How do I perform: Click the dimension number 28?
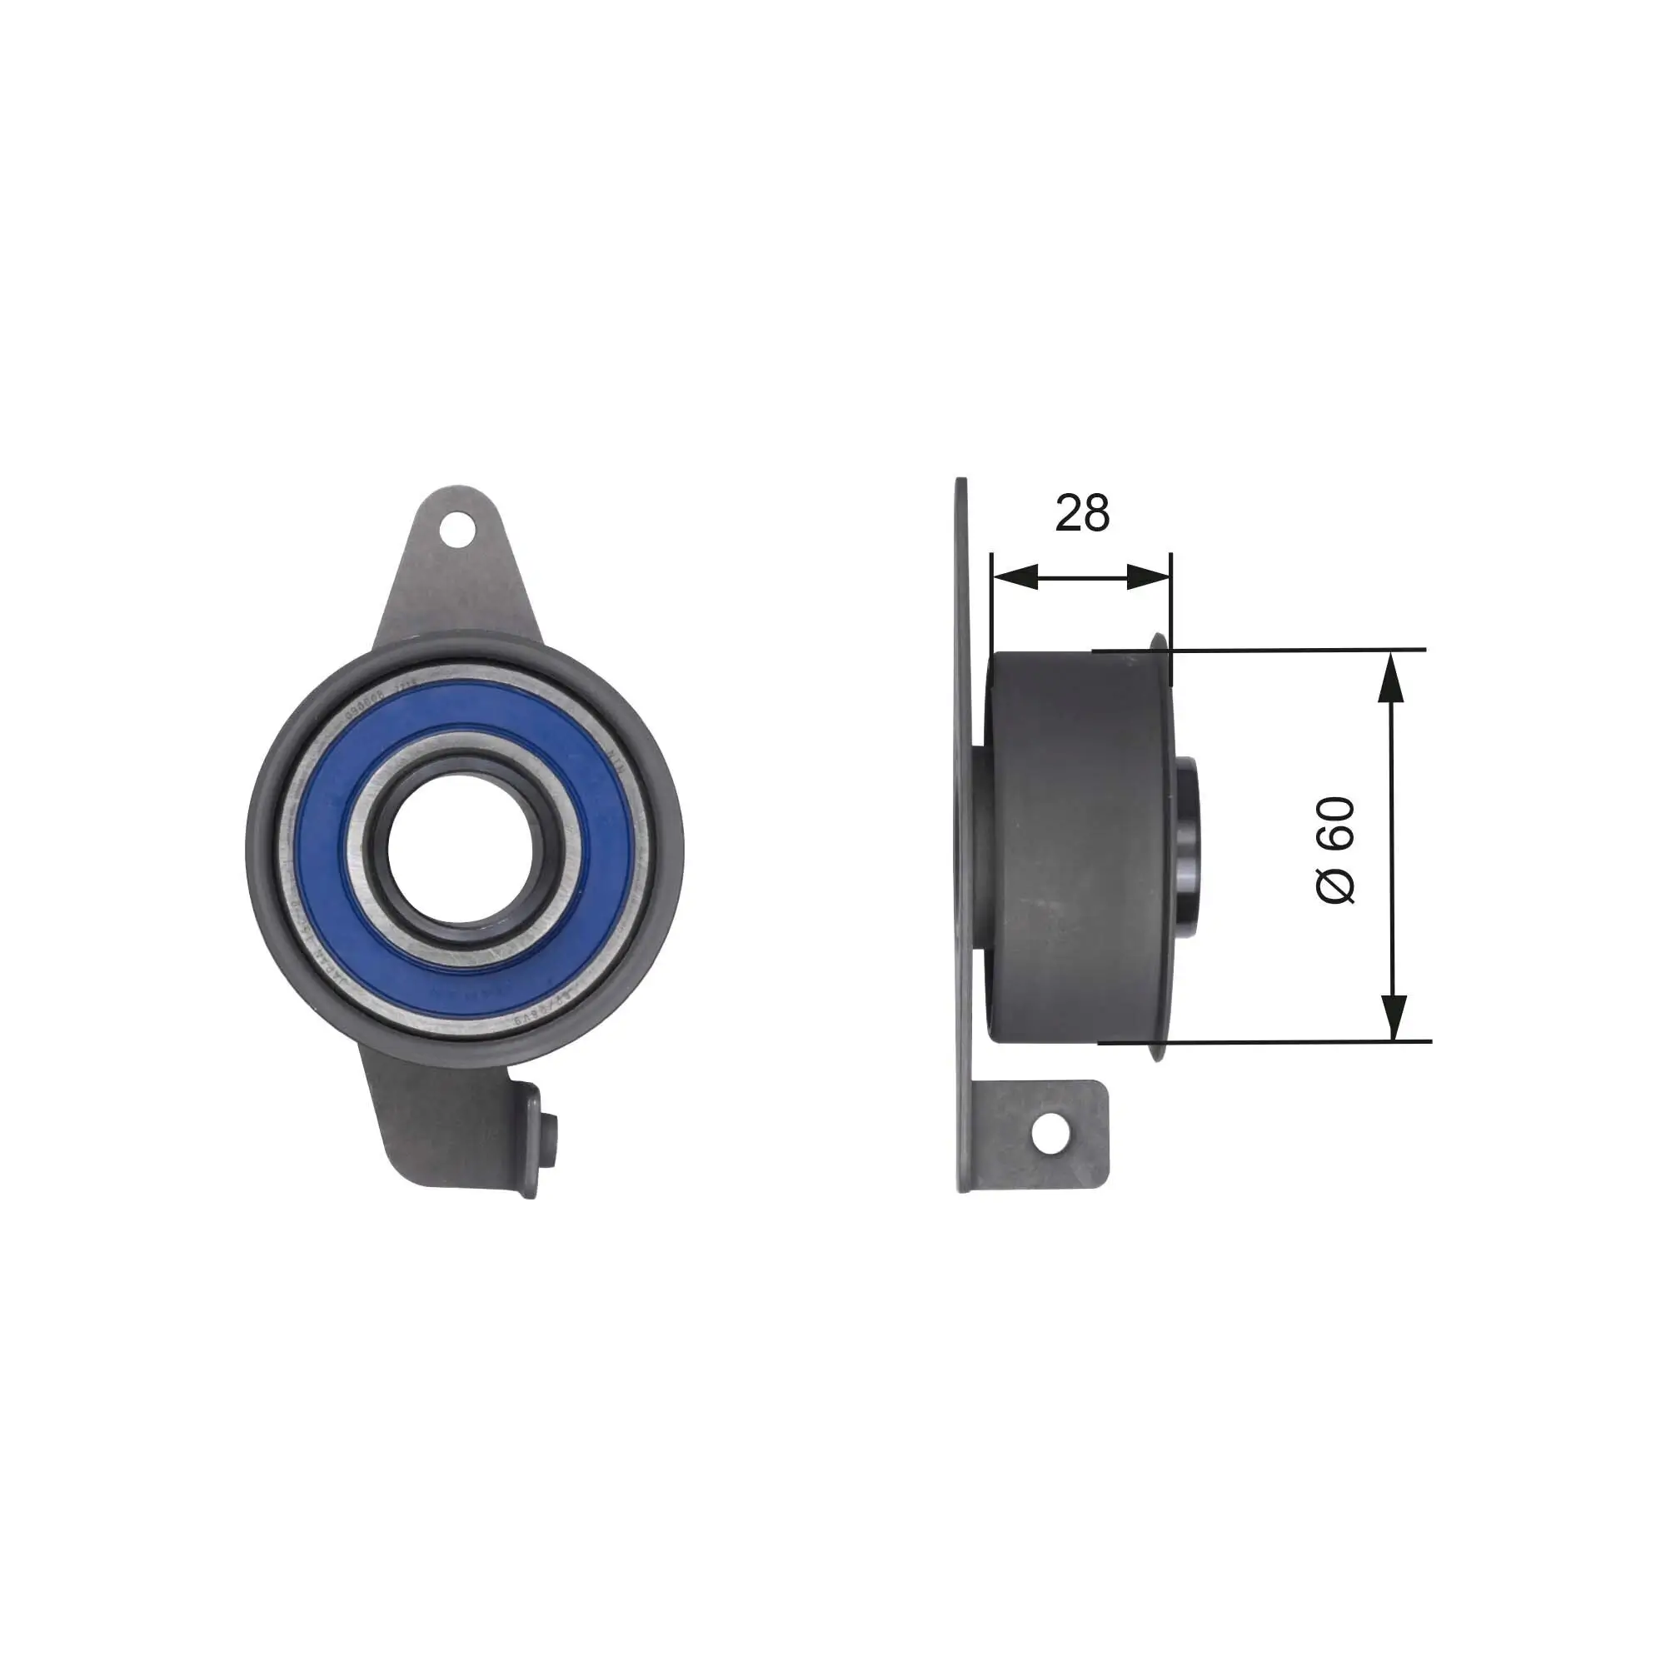[x=1082, y=513]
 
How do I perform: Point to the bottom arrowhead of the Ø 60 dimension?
[x=1393, y=1019]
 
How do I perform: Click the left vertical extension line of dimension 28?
[x=993, y=604]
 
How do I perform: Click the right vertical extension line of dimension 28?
[x=1171, y=604]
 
